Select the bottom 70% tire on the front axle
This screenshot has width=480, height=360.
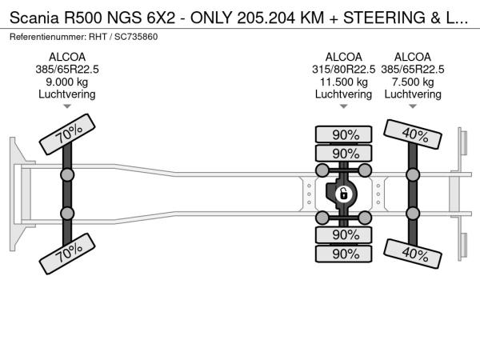(x=68, y=255)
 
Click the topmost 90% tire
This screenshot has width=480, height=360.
(x=345, y=134)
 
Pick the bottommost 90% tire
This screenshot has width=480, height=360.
(x=345, y=254)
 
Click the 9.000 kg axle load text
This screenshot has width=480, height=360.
(x=67, y=82)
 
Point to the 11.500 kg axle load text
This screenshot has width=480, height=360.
(x=344, y=82)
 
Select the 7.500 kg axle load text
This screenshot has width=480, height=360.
(x=414, y=82)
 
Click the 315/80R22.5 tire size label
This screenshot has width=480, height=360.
(x=344, y=69)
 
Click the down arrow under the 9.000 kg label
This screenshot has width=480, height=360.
(x=67, y=106)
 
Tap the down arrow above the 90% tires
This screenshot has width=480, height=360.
(x=344, y=106)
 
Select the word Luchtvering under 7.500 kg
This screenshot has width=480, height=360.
(x=414, y=94)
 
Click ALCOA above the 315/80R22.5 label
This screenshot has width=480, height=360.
(x=344, y=57)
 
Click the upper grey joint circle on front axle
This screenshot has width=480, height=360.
(x=68, y=174)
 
